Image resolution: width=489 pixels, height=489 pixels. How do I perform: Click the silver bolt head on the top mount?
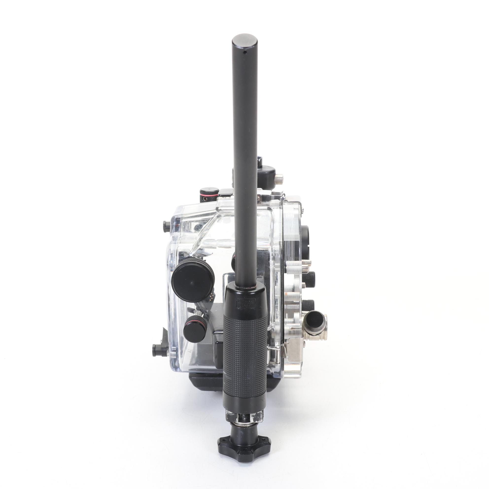(x=279, y=181)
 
